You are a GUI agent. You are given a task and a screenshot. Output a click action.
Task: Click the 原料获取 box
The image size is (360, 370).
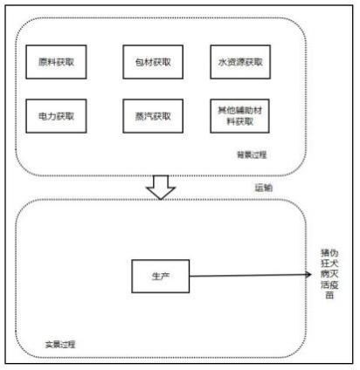click(57, 64)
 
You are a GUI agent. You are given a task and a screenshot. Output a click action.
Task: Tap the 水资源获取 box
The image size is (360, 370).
click(239, 64)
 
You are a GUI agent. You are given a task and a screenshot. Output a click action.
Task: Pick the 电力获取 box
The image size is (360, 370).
click(57, 113)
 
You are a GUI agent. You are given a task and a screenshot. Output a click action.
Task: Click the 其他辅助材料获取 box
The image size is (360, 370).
click(239, 113)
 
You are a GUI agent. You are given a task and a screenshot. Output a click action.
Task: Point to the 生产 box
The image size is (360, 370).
click(159, 276)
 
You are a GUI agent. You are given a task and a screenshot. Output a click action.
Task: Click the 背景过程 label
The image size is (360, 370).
click(251, 154)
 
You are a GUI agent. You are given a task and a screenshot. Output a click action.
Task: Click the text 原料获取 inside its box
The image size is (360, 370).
click(57, 64)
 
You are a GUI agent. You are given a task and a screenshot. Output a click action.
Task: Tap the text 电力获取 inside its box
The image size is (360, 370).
click(57, 113)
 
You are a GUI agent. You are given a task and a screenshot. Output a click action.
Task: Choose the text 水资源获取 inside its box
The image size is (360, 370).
click(239, 64)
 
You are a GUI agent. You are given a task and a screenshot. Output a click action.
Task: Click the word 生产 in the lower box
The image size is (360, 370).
click(159, 276)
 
